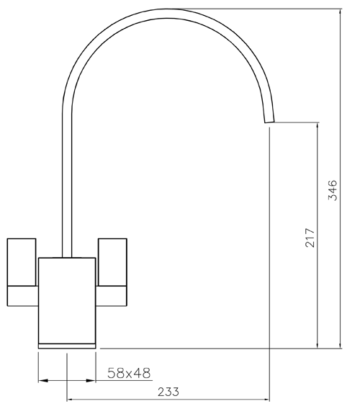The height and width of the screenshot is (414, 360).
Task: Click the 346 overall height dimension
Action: click(332, 190)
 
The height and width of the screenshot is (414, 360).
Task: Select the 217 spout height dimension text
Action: click(310, 238)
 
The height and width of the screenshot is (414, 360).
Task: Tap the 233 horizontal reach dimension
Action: click(167, 392)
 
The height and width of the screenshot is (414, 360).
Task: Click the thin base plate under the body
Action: click(67, 346)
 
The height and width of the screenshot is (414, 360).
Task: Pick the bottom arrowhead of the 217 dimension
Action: click(318, 343)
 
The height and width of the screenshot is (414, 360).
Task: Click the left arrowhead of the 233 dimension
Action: click(71, 399)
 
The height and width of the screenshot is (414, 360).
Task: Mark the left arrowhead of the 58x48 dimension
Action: click(42, 379)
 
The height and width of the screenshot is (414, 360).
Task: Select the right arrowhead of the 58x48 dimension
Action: click(92, 379)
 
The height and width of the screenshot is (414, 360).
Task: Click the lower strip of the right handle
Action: click(112, 294)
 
